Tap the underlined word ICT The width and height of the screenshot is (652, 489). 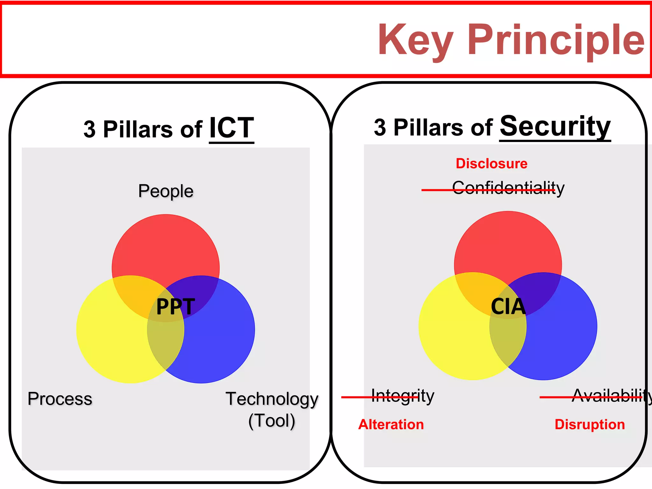point(231,128)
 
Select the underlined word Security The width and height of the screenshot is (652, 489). point(555,126)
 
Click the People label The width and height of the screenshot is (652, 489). point(166,191)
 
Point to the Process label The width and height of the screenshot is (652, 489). point(60,399)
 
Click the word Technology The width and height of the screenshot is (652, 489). point(272,399)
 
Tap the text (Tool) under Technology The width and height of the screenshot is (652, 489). point(272,421)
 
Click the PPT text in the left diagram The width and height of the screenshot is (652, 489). point(175,306)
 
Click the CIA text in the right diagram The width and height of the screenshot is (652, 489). point(508,306)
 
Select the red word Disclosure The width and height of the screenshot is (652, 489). point(492,163)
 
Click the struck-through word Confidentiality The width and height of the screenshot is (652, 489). point(508,188)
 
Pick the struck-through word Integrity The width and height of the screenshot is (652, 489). point(403,396)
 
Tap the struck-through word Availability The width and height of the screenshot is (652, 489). point(611,396)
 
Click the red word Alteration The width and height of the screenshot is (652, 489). point(391,424)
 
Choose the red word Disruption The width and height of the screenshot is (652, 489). point(590,424)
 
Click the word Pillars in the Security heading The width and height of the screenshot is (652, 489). point(428,127)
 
